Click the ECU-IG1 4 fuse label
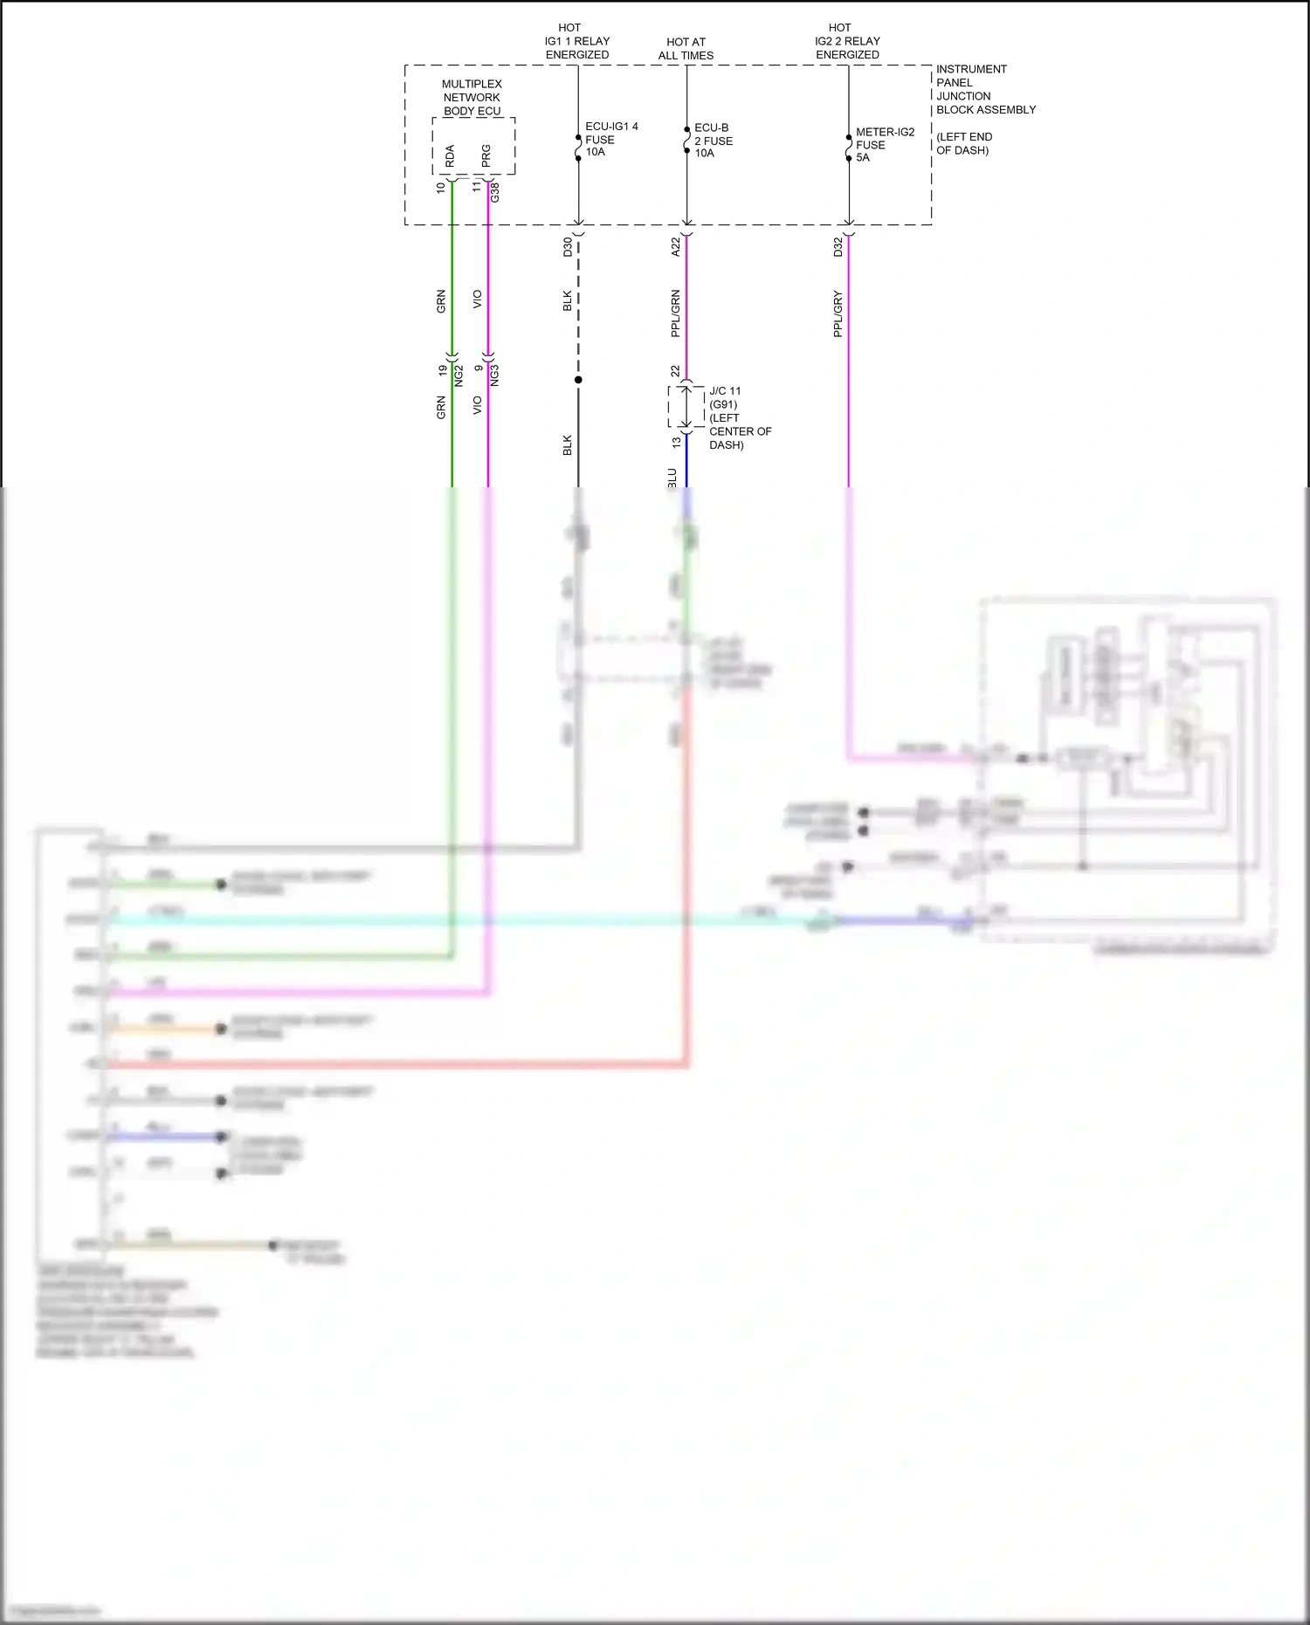610,140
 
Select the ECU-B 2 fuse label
713,141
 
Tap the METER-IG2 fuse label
884,145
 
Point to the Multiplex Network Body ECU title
472,98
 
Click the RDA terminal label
450,156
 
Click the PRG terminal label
486,156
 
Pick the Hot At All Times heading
686,49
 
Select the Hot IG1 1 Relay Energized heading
577,41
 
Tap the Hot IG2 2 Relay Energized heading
847,41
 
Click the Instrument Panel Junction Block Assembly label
985,89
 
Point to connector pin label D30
568,247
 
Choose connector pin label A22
676,247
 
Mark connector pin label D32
838,247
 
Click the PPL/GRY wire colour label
838,314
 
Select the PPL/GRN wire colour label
676,313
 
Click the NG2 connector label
458,376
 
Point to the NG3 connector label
495,376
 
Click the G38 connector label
495,192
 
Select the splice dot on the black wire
578,380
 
